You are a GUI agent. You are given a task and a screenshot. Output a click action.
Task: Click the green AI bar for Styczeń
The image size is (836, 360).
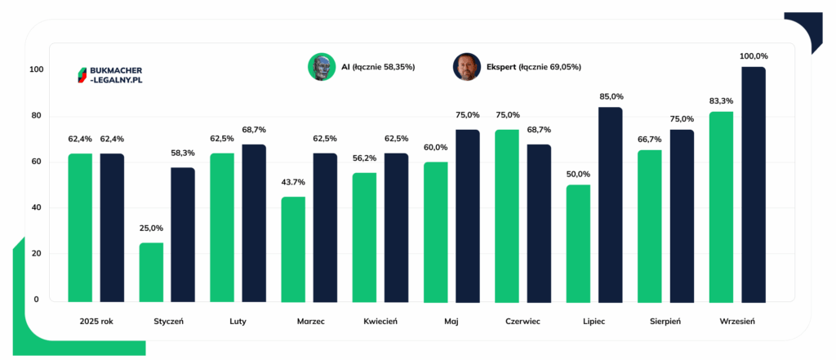tap(151, 273)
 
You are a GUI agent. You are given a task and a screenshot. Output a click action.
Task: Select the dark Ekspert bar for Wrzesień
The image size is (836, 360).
tap(754, 184)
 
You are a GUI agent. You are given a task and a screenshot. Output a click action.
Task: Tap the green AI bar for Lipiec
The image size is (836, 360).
tap(579, 244)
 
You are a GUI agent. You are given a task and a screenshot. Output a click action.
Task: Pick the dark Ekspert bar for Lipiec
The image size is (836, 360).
tap(611, 205)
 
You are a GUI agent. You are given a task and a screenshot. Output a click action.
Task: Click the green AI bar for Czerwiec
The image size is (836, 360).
tap(507, 216)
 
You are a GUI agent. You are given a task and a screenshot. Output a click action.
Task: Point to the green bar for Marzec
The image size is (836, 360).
tap(294, 250)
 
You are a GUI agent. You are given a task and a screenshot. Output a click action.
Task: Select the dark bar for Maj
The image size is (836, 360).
tap(468, 216)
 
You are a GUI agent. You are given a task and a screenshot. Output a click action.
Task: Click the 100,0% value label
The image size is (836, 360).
tap(754, 56)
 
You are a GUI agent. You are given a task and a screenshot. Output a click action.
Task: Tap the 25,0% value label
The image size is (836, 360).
tap(151, 229)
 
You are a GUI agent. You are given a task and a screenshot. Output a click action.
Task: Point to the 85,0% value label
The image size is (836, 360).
tap(611, 96)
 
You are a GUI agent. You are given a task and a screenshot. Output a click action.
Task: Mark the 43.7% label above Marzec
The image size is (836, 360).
tap(293, 182)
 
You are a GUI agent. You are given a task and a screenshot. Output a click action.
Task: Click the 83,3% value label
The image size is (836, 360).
tap(722, 100)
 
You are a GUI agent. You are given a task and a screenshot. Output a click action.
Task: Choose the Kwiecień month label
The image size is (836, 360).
tap(380, 322)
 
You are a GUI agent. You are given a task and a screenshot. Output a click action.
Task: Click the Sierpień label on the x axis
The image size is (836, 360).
tap(665, 322)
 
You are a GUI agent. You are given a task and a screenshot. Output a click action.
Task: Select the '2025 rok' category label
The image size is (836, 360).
tap(96, 322)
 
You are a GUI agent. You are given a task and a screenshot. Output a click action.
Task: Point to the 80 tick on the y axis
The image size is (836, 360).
tap(38, 116)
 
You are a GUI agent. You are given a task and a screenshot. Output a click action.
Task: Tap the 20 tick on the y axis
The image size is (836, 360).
tap(38, 254)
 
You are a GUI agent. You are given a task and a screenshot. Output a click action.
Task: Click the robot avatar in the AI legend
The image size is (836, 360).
tap(322, 67)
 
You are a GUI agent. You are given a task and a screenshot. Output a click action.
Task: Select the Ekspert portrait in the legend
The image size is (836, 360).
tap(467, 67)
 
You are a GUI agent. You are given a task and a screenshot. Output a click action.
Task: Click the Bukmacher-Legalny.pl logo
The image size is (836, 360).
tap(110, 75)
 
